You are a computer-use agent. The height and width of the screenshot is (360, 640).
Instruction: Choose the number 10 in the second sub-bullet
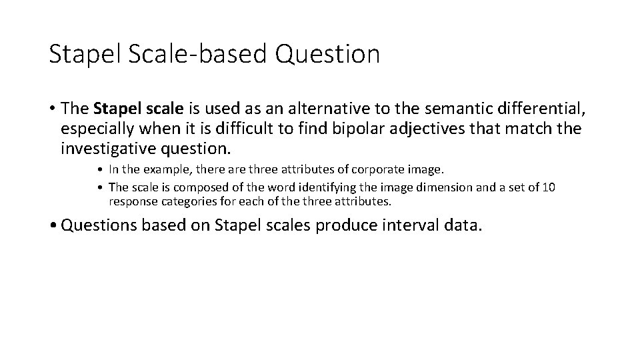pyautogui.click(x=548, y=187)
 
